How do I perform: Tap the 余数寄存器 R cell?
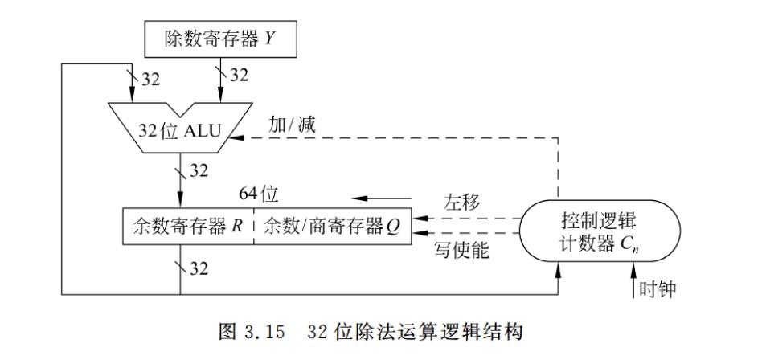(x=187, y=226)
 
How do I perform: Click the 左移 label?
(x=461, y=202)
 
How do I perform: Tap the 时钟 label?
(x=658, y=288)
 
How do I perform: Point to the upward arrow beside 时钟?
(x=629, y=282)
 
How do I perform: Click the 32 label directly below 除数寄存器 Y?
(x=240, y=75)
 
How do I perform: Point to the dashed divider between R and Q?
(x=255, y=226)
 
